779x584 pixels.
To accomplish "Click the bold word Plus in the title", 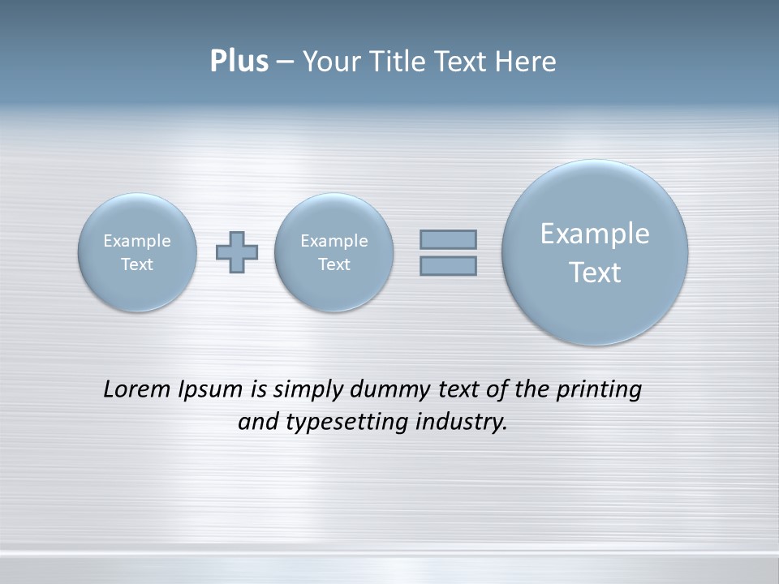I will coord(239,62).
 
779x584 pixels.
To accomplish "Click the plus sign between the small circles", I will coord(237,252).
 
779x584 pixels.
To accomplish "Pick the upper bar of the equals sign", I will coord(448,239).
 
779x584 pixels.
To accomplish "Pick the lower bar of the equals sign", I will coord(448,266).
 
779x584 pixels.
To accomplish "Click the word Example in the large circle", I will coord(595,234).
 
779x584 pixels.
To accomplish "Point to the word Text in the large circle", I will coord(595,273).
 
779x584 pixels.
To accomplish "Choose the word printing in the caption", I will coord(599,390).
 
